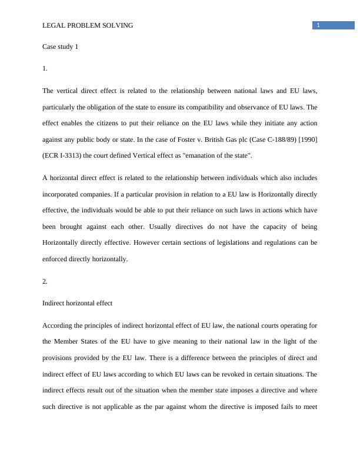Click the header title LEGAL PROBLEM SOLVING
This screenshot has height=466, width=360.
(88, 25)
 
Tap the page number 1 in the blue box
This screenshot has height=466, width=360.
(318, 25)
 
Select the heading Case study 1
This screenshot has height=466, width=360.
(61, 46)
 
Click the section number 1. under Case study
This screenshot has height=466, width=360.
(45, 69)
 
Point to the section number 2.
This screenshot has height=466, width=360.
(45, 281)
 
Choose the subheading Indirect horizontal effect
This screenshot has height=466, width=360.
(78, 303)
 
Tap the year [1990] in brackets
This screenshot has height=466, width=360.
(305, 140)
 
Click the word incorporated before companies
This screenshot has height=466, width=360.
(65, 194)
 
